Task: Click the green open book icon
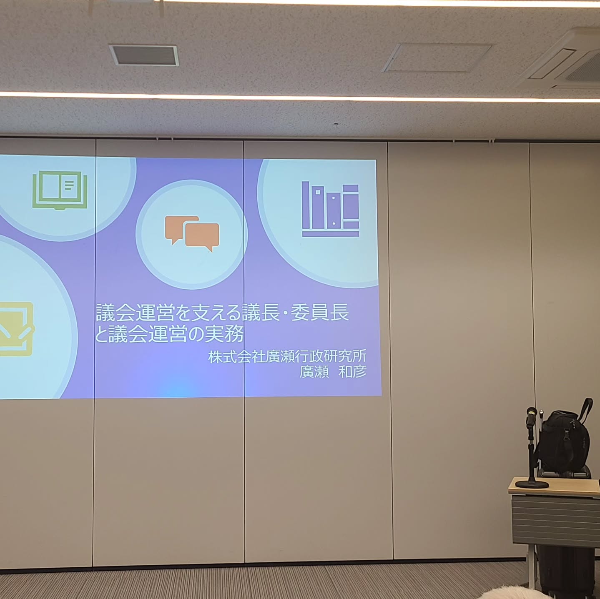[60, 190]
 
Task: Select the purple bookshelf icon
[330, 209]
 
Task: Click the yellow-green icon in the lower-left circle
[15, 329]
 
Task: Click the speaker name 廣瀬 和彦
[333, 372]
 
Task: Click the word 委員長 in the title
[320, 312]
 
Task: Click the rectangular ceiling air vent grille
[144, 55]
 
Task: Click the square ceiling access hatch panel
[437, 58]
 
